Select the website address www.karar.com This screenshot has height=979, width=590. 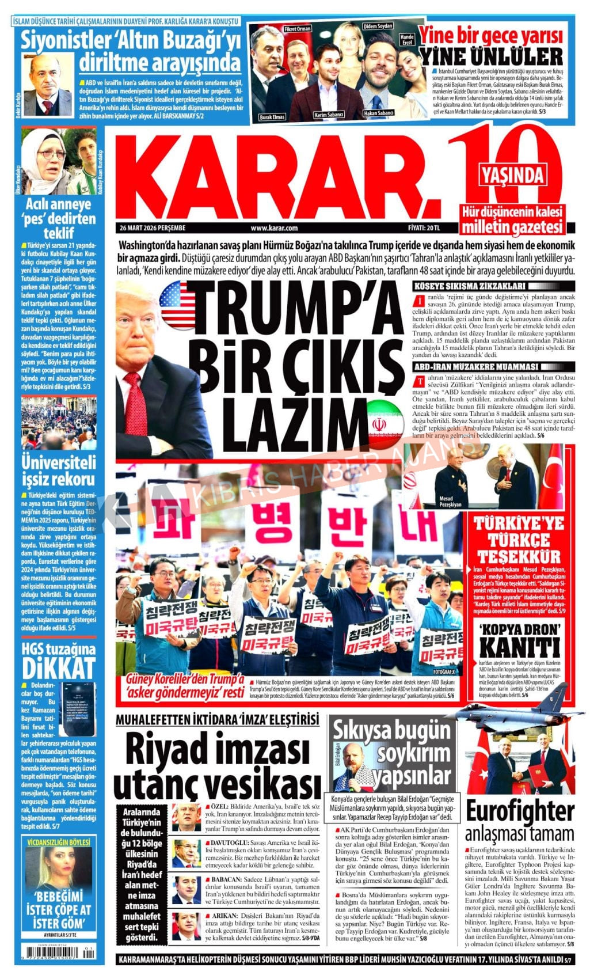click(x=274, y=228)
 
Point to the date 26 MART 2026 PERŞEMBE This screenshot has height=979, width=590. click(x=151, y=228)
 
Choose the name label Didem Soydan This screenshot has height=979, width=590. click(x=378, y=26)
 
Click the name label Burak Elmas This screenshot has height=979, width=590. click(x=272, y=117)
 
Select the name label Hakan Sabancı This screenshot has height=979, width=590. click(x=379, y=113)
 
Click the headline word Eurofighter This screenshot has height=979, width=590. click(x=519, y=811)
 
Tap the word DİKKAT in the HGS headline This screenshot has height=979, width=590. click(x=58, y=669)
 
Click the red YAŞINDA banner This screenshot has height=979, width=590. click(x=512, y=173)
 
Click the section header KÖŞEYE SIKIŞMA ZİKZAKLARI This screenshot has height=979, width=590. click(x=470, y=286)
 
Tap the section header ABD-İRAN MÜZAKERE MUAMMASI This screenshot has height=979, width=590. click(x=475, y=367)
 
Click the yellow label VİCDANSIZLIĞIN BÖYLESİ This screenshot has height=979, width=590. click(x=58, y=843)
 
